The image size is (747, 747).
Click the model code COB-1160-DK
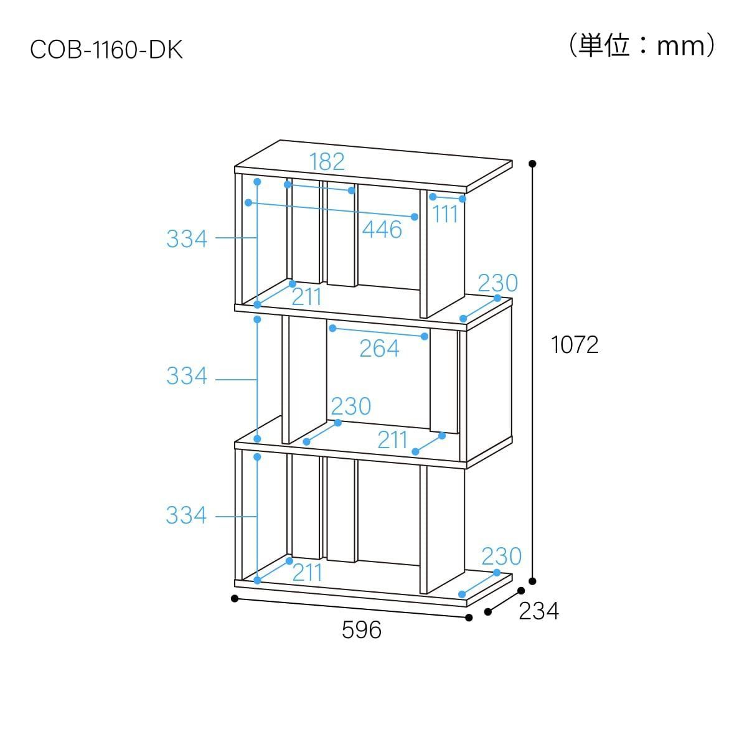tap(106, 50)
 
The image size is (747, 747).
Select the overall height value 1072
tap(575, 345)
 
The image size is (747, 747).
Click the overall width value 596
tap(361, 630)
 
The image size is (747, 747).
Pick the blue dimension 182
tap(327, 162)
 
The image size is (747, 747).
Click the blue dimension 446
tap(382, 230)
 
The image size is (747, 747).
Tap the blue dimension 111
tap(445, 214)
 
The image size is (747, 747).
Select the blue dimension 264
tap(379, 349)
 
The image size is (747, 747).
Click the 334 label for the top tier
tap(187, 238)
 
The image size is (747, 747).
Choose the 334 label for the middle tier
tap(187, 376)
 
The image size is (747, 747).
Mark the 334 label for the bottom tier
tap(187, 515)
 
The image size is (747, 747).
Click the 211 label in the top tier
tap(307, 298)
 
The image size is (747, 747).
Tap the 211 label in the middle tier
tap(392, 440)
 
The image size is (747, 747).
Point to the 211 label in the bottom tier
tap(308, 573)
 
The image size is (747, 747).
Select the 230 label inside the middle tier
tap(351, 406)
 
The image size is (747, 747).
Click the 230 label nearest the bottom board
tap(502, 557)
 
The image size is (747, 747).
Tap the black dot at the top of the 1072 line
tap(532, 164)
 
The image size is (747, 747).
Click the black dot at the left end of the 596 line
tap(234, 598)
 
